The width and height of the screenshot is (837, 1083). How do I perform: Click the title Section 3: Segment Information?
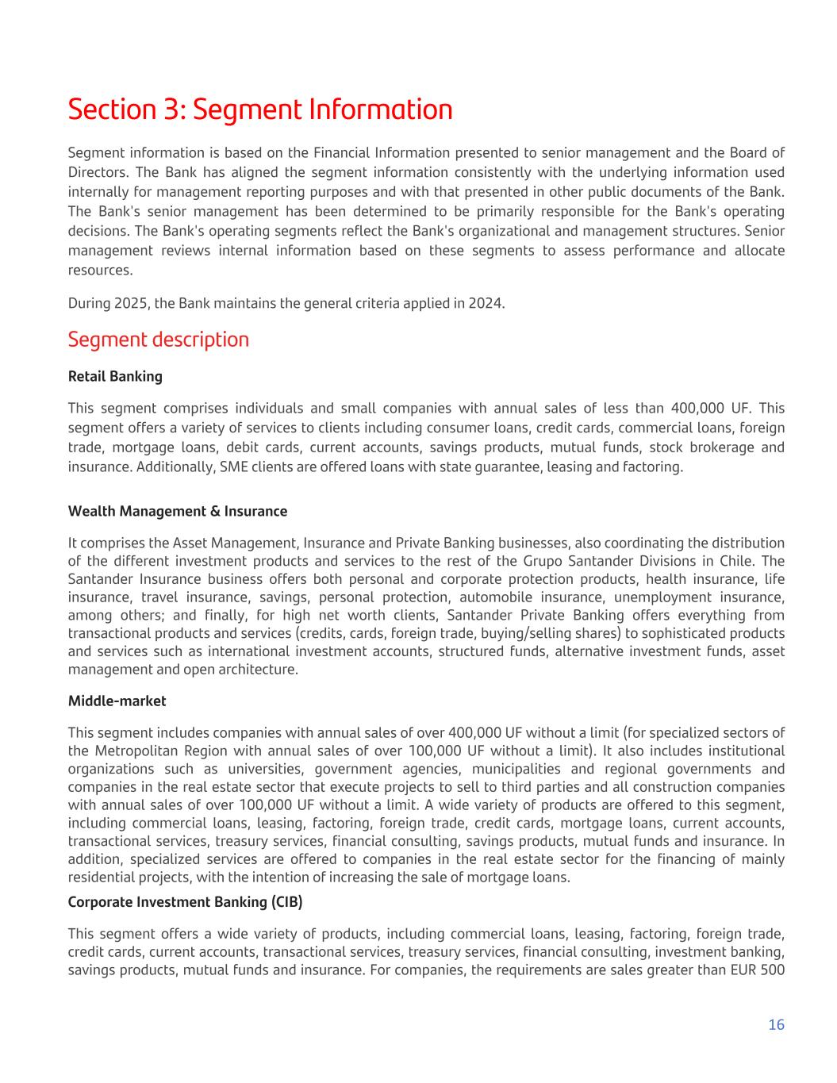(x=260, y=109)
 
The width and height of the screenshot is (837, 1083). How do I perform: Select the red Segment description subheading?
(x=159, y=340)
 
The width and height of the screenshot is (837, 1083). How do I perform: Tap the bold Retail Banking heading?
(x=115, y=376)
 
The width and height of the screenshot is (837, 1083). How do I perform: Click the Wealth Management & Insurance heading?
(x=178, y=511)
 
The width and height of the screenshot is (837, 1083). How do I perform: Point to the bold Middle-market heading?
(x=117, y=701)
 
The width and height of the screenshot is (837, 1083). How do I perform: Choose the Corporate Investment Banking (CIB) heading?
(x=185, y=902)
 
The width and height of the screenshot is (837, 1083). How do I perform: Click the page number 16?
(x=776, y=1024)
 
